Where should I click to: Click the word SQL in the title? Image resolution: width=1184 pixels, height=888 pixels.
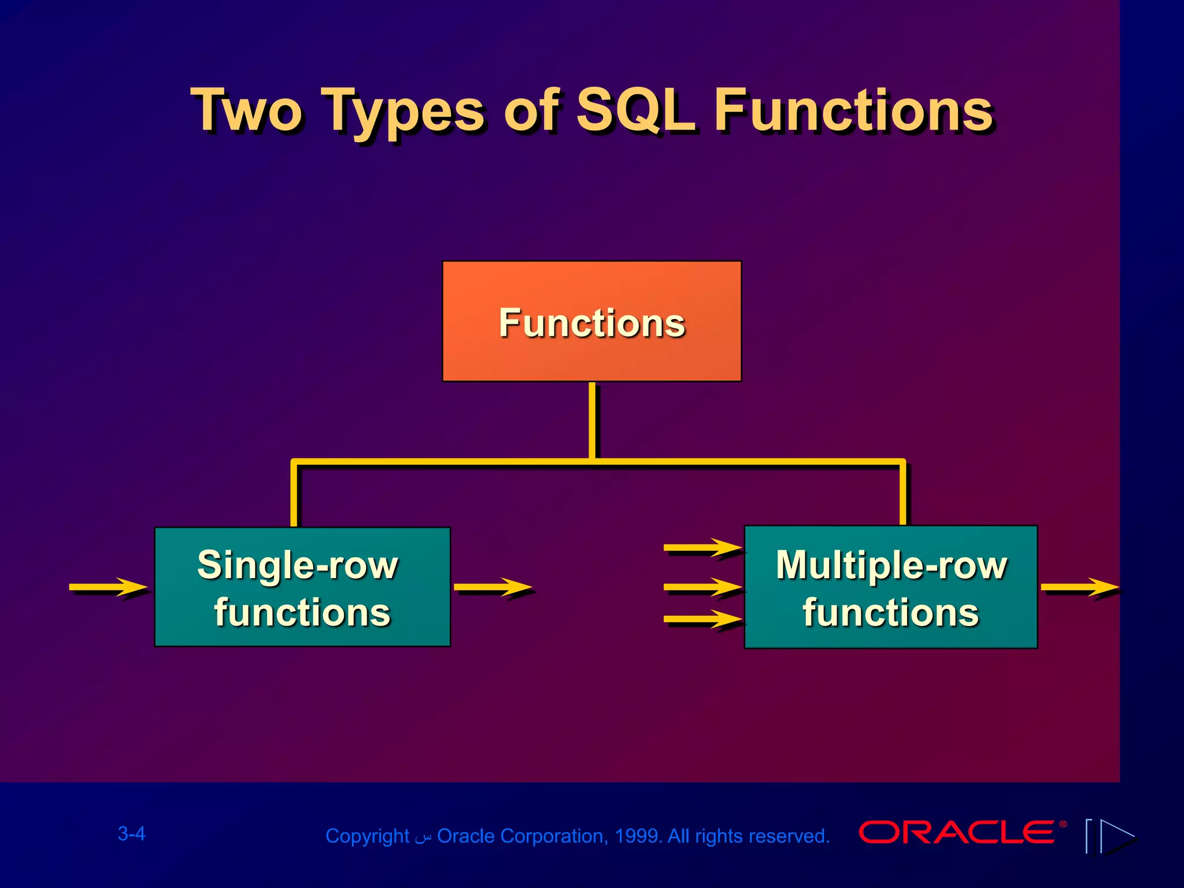point(636,110)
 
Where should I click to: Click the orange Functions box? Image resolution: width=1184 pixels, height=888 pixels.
point(591,321)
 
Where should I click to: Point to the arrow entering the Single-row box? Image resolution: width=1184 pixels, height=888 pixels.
point(108,587)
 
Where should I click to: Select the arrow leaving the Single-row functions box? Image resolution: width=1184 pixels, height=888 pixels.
point(493,587)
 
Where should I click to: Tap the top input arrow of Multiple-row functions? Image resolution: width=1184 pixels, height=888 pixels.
point(702,547)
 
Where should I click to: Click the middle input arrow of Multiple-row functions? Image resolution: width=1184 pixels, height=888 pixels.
point(702,587)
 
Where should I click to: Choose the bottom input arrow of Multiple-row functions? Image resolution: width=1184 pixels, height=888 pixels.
point(702,619)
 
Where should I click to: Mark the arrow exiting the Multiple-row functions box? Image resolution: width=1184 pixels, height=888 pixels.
point(1079,587)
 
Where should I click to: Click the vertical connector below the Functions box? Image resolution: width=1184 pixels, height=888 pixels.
point(592,420)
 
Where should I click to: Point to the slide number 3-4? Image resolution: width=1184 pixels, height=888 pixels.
point(131,834)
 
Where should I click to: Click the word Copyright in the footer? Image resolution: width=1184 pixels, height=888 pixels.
point(367,836)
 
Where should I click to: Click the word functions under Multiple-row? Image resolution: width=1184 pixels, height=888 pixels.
point(891,613)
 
